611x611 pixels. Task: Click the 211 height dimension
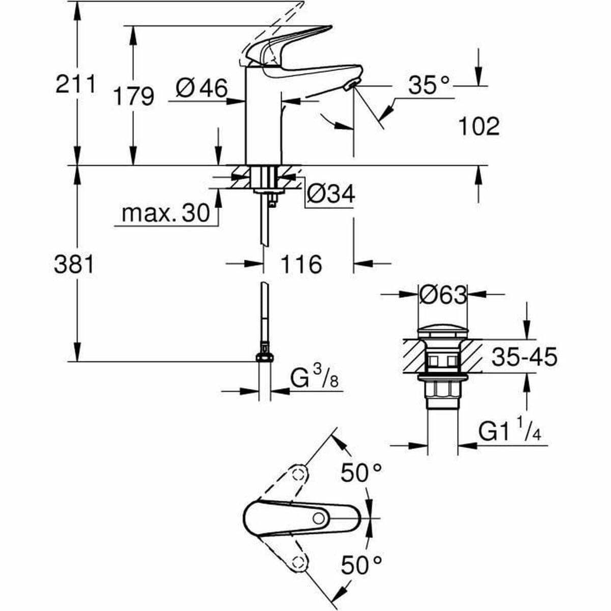pyautogui.click(x=75, y=85)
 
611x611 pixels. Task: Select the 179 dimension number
pyautogui.click(x=133, y=96)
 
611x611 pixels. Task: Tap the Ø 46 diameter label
pyautogui.click(x=202, y=89)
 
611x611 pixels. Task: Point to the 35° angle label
pyautogui.click(x=429, y=86)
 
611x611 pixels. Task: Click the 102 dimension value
pyautogui.click(x=479, y=126)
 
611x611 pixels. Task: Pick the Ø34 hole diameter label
pyautogui.click(x=331, y=194)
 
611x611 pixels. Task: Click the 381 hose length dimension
pyautogui.click(x=74, y=265)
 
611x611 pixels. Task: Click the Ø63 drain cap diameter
pyautogui.click(x=442, y=294)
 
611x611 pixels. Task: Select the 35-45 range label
pyautogui.click(x=524, y=357)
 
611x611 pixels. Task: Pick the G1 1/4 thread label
pyautogui.click(x=510, y=432)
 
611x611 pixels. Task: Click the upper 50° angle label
pyautogui.click(x=361, y=473)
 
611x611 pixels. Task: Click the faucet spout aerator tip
pyautogui.click(x=350, y=86)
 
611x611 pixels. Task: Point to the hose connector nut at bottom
pyautogui.click(x=264, y=355)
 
